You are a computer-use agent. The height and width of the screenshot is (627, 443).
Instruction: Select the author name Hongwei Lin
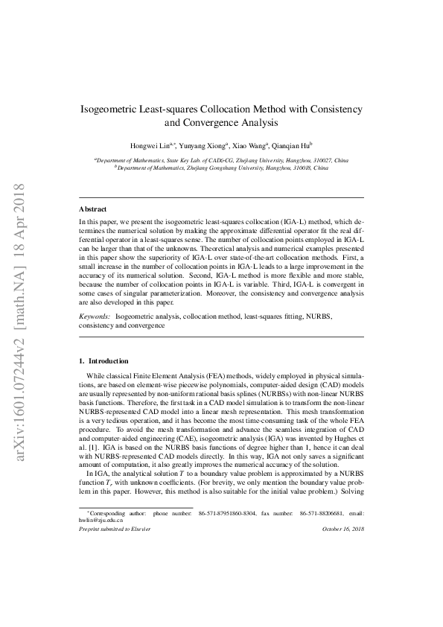tap(153, 146)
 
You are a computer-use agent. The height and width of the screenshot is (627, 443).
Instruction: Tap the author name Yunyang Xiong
tap(202, 146)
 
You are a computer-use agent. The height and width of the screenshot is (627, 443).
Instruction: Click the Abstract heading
tap(93, 209)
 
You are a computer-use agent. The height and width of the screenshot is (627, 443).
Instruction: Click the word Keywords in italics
tap(95, 316)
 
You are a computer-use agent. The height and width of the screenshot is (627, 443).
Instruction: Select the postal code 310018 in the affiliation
tap(293, 168)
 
